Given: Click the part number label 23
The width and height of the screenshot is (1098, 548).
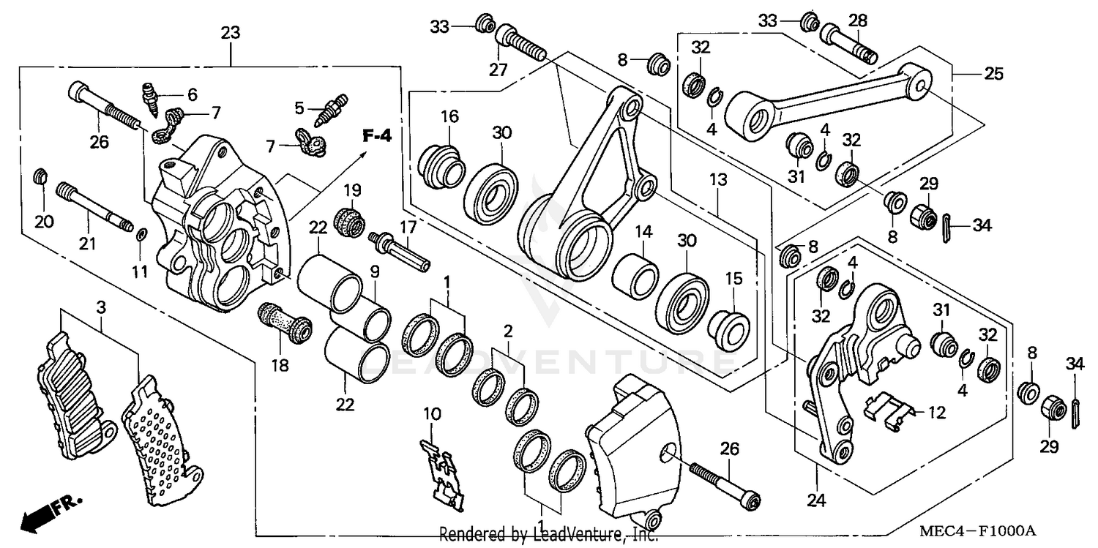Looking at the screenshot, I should (231, 33).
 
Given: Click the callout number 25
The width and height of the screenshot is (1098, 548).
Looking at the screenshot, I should (993, 74).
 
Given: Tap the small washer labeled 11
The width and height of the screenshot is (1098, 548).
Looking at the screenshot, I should (141, 234).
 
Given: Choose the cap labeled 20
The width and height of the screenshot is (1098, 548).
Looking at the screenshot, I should (41, 177).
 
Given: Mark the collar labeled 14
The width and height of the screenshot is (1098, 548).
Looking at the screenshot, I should (634, 274).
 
